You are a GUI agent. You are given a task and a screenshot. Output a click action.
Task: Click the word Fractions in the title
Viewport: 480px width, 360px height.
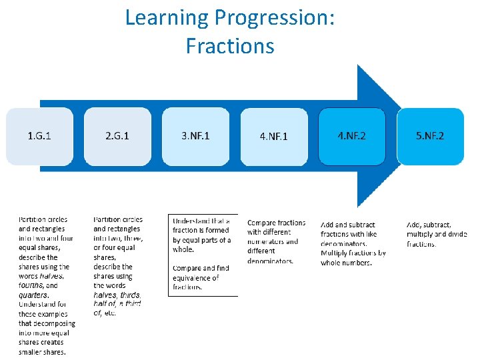pyautogui.click(x=230, y=46)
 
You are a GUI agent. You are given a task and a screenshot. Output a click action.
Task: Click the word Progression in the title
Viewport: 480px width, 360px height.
pyautogui.click(x=275, y=18)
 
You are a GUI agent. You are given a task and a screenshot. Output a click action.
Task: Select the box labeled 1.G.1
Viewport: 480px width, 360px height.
pyautogui.click(x=39, y=136)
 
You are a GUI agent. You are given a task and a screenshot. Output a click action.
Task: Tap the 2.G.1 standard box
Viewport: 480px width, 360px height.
pyautogui.click(x=117, y=136)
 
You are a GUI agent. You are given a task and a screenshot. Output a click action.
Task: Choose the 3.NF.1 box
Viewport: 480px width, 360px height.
pyautogui.click(x=195, y=136)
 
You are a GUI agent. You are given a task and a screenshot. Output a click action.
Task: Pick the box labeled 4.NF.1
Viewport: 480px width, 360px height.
pyautogui.click(x=274, y=137)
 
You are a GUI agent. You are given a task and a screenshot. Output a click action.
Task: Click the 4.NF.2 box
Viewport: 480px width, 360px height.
pyautogui.click(x=352, y=136)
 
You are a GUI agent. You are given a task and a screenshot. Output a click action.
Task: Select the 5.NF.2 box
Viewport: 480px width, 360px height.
pyautogui.click(x=430, y=136)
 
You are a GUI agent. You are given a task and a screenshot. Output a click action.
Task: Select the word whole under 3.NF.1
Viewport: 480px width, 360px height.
pyautogui.click(x=183, y=249)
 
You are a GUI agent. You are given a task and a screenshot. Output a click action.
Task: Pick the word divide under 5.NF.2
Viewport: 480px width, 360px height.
pyautogui.click(x=455, y=235)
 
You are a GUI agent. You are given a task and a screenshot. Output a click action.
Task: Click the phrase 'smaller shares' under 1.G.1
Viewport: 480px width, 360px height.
pyautogui.click(x=42, y=351)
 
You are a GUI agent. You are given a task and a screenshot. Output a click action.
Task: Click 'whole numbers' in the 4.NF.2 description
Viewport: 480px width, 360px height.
pyautogui.click(x=346, y=263)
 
